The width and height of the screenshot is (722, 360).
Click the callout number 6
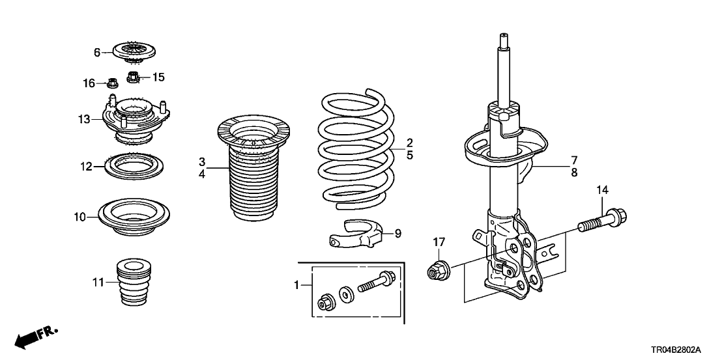[x=97, y=53]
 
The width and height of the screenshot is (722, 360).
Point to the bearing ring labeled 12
[x=133, y=167]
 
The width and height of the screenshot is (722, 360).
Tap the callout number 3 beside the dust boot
[x=203, y=161]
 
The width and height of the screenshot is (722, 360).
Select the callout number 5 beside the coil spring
[x=410, y=156]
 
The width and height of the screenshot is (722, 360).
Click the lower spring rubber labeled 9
[x=358, y=234]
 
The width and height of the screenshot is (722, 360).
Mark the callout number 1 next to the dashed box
[x=297, y=284]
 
